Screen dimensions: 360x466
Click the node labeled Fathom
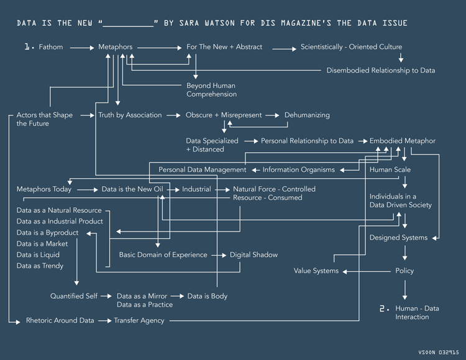(x=51, y=47)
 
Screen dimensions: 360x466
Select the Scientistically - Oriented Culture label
(x=351, y=47)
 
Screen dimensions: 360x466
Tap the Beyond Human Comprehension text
(x=211, y=90)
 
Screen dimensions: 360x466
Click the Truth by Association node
(x=130, y=115)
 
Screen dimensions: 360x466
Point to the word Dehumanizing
(x=307, y=115)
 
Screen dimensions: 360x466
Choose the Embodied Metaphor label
(x=402, y=142)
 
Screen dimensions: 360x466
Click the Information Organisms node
(x=298, y=170)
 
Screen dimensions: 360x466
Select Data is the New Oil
(x=132, y=189)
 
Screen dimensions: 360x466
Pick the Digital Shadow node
(x=254, y=255)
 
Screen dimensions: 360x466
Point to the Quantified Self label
(x=74, y=297)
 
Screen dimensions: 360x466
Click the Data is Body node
(x=208, y=297)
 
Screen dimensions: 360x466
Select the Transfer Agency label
(x=139, y=321)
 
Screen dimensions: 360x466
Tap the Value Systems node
(x=316, y=271)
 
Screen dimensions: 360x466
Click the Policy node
(x=404, y=271)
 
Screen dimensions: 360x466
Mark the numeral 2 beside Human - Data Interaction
(x=384, y=308)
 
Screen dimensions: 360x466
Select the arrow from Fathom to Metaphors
(x=81, y=47)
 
